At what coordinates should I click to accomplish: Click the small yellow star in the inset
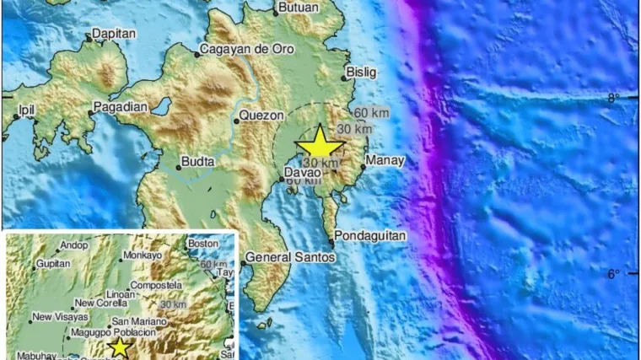[120, 347]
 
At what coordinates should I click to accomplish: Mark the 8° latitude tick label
[614, 98]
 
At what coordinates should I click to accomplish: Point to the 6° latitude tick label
[614, 273]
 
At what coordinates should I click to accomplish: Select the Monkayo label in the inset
[141, 255]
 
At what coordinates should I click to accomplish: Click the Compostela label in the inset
[156, 285]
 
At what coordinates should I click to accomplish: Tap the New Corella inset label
[100, 303]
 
